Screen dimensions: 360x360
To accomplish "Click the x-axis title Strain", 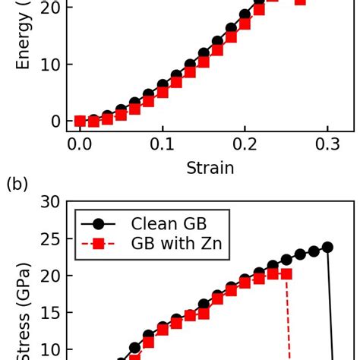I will point(210,168).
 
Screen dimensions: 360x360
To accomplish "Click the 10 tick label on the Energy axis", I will point(51,65).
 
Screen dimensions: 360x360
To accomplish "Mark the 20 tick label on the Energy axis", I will point(51,8).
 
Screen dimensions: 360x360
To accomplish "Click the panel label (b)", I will point(17,184).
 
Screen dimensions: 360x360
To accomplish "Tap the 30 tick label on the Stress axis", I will point(51,203).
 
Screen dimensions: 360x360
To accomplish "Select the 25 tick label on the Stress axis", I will point(51,240).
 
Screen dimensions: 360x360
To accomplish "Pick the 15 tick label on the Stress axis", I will point(51,314).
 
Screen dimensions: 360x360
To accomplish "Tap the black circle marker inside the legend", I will point(99,224).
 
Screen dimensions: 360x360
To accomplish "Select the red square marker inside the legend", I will point(99,244).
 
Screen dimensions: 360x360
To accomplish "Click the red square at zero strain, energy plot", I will point(80,121).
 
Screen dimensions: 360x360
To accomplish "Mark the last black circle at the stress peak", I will point(327,247).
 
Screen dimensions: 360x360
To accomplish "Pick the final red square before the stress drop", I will point(286,273).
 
